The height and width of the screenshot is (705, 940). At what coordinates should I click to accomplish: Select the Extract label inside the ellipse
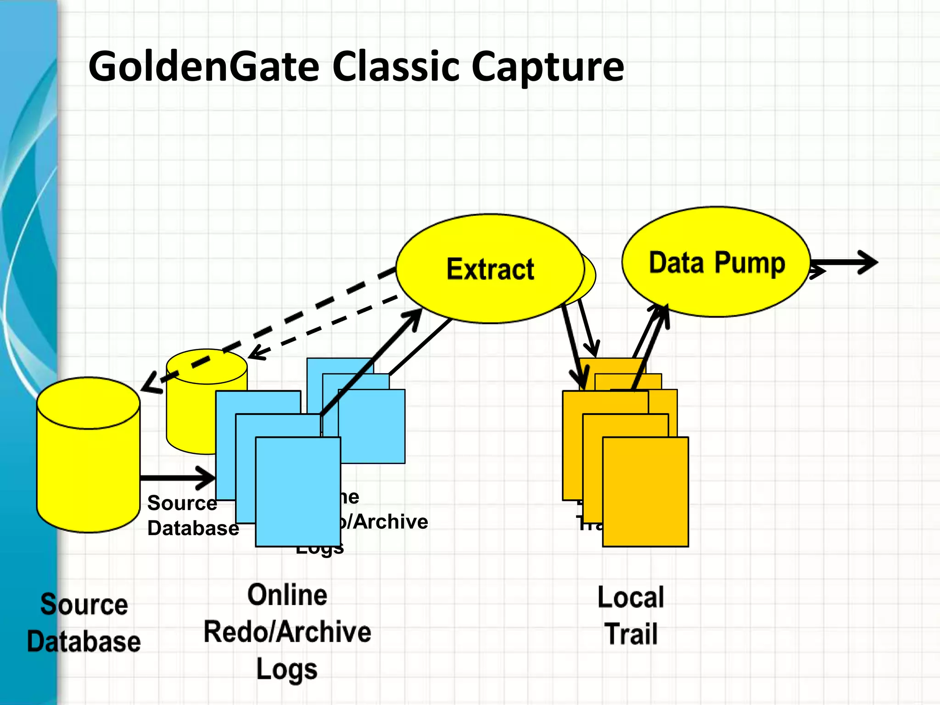490,269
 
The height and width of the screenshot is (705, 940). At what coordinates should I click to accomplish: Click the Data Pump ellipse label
716,263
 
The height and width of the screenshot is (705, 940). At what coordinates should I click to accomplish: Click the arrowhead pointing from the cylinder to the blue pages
207,478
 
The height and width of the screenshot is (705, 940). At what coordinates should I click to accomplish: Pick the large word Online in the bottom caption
287,595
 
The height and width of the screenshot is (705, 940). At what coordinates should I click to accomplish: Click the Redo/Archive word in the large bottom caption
287,632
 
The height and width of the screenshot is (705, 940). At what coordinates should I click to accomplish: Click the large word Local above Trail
631,597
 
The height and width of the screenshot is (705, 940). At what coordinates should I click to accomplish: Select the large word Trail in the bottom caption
632,634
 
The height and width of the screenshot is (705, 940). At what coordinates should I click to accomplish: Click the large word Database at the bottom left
84,642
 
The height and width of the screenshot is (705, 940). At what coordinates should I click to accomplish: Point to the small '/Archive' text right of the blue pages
386,522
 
